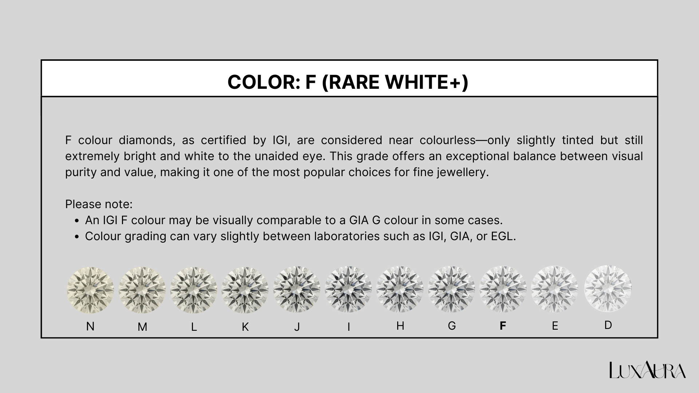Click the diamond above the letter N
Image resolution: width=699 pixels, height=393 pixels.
click(90, 290)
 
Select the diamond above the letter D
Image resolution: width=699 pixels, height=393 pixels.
click(608, 289)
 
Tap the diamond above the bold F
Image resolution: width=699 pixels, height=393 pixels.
click(503, 290)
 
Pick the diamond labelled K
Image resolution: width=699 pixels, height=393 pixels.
click(245, 290)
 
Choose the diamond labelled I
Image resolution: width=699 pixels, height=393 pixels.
click(348, 290)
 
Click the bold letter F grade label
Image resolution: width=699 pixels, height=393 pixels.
click(503, 326)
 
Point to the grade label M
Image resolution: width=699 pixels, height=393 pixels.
click(142, 327)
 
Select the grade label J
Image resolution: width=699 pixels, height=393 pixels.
click(297, 327)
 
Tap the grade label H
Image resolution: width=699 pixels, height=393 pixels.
click(400, 326)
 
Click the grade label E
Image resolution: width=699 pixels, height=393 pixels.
click(555, 326)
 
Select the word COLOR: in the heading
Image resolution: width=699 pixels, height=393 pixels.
click(264, 82)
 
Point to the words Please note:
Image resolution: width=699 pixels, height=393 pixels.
click(99, 204)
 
